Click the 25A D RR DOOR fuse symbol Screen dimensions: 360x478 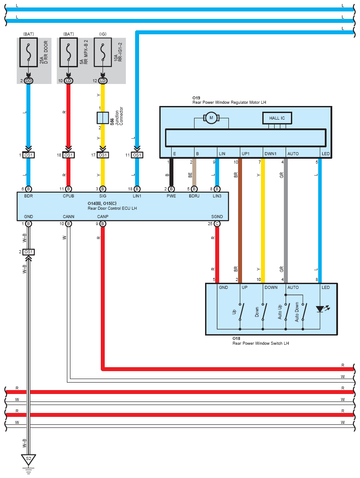28,52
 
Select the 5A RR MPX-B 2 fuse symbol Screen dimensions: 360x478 69,52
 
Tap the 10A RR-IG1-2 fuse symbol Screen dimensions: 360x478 103,52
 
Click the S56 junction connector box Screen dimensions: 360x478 103,118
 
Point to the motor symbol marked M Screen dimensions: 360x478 211,118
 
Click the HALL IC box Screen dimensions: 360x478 277,118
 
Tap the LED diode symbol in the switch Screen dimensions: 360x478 320,309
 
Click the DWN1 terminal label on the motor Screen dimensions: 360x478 270,153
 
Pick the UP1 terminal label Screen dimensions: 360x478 246,153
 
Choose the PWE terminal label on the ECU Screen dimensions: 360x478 171,196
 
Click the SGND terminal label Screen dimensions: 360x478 217,216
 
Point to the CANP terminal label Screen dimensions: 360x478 103,216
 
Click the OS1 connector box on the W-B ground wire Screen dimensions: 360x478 28,252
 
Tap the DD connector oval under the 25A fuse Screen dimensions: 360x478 28,81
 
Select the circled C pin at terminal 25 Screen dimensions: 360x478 217,224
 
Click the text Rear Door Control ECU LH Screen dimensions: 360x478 112,208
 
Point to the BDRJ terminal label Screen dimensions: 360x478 194,196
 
